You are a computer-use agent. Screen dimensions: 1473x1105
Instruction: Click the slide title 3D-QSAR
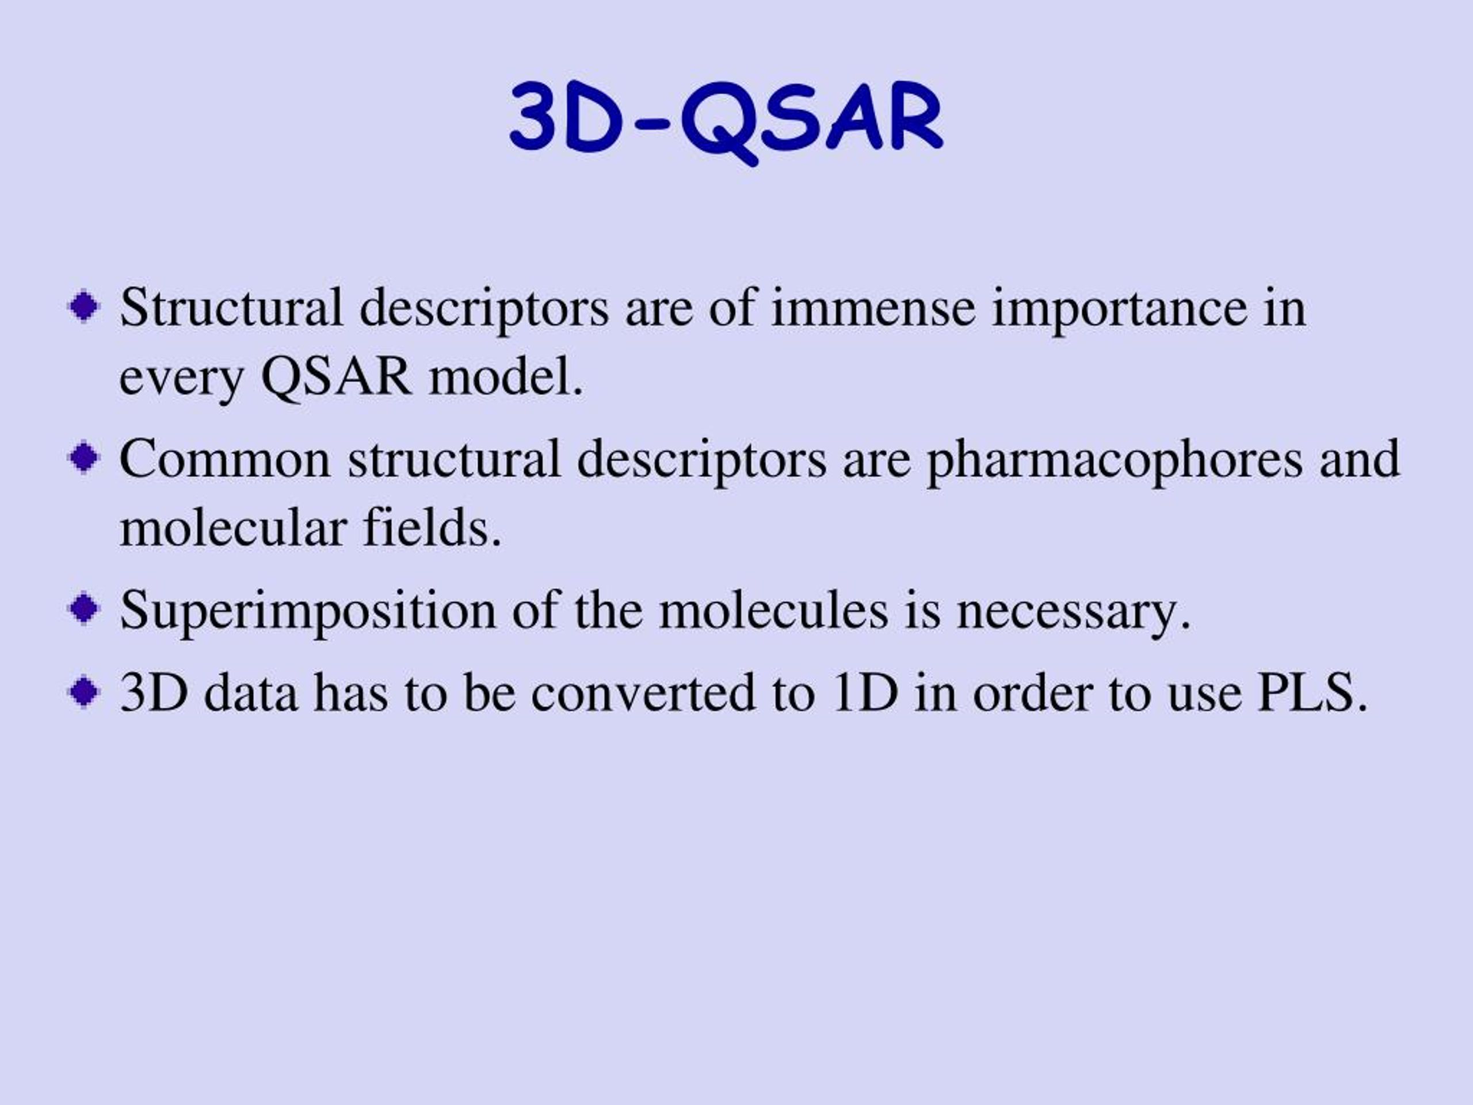pos(726,121)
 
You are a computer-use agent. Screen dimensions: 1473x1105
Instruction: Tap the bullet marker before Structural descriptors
pos(85,308)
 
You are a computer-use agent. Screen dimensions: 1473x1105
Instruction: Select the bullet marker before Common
pos(85,458)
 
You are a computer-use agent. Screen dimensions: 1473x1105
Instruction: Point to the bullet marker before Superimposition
pos(85,609)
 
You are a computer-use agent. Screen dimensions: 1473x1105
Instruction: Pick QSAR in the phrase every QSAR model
pos(335,377)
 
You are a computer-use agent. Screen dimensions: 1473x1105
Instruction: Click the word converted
pos(644,694)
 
